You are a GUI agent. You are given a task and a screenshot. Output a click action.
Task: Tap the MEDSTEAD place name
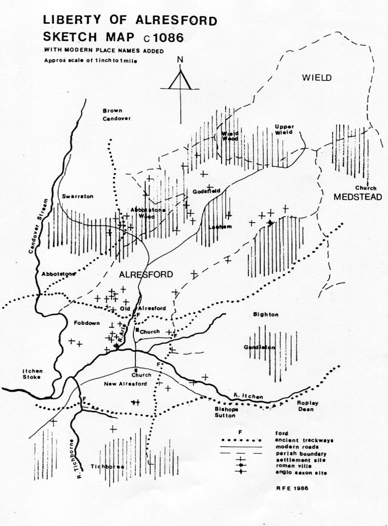point(358,197)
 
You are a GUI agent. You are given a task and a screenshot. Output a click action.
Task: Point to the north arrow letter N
point(180,60)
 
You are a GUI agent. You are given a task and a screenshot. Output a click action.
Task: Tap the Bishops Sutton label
point(225,412)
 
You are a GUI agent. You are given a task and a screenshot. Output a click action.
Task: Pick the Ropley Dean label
point(303,406)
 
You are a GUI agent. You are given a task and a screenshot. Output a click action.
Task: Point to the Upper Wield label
point(285,129)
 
